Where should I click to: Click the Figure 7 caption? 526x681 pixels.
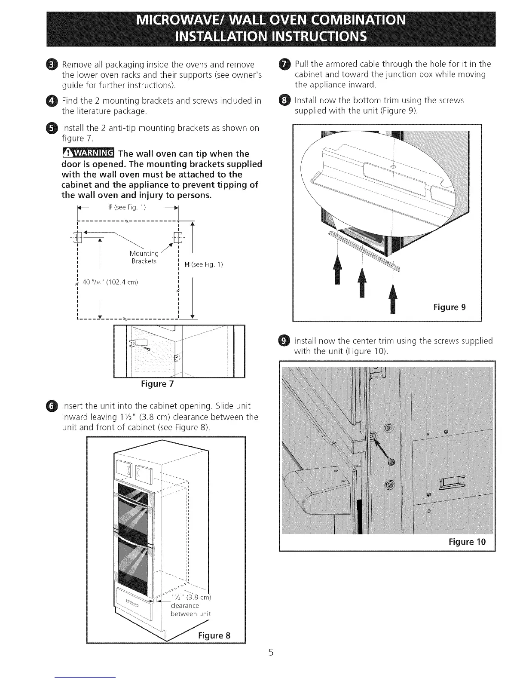point(157,383)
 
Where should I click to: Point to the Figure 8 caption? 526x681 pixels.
point(214,635)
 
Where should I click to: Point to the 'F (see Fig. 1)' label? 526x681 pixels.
point(128,207)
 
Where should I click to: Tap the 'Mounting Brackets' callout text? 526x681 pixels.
point(144,257)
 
